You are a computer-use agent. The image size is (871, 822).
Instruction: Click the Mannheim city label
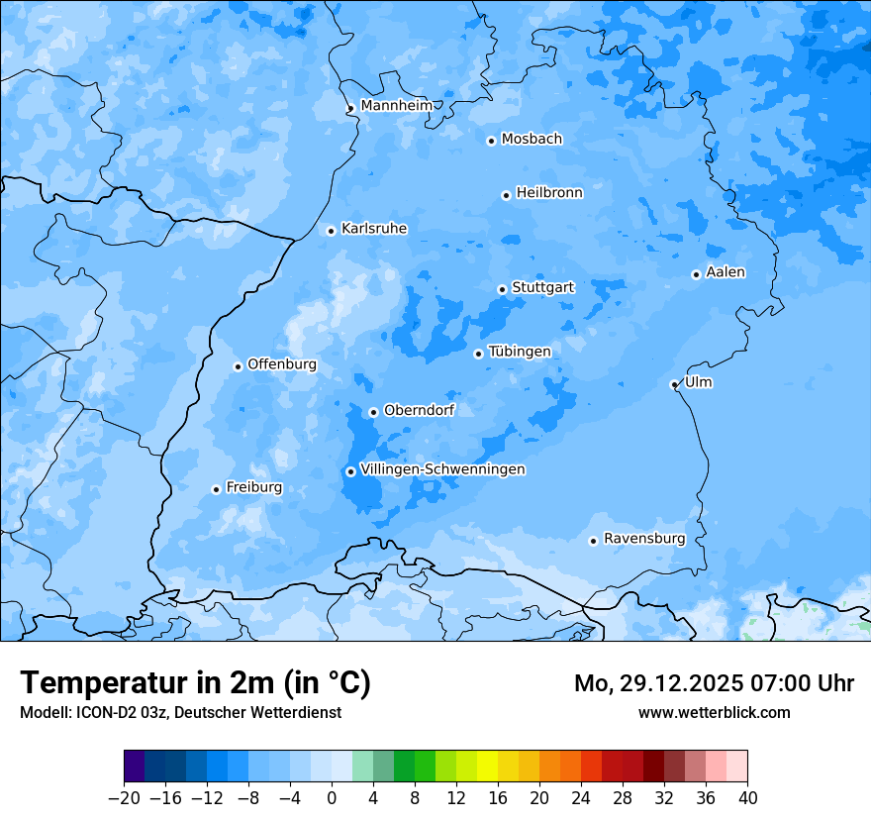point(396,106)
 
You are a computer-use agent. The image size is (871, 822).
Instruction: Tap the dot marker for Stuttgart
point(502,289)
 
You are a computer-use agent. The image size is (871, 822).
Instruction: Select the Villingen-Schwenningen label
point(442,469)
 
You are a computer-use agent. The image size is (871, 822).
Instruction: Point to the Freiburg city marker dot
point(216,489)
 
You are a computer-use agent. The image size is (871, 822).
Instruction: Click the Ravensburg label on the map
point(644,539)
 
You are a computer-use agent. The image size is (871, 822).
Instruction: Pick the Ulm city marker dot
point(674,384)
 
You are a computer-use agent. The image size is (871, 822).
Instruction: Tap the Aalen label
point(726,272)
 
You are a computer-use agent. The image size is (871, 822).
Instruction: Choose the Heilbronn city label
point(549,193)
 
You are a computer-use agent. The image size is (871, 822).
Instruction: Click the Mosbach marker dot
point(491,141)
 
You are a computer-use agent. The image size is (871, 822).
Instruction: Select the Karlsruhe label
point(373,229)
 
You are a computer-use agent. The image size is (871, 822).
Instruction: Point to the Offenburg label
point(282,364)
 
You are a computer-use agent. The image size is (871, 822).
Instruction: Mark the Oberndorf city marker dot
point(373,412)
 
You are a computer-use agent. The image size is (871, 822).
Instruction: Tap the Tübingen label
point(520,352)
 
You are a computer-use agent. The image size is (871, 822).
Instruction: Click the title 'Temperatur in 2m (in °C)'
point(195,682)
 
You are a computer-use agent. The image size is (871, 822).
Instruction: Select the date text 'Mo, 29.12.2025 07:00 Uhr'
point(714,683)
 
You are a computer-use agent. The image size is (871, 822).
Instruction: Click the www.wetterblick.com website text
point(714,712)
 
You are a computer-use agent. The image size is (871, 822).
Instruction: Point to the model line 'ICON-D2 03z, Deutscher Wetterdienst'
point(180,712)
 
